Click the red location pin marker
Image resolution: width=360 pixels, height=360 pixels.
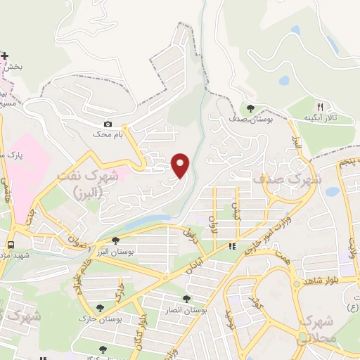coord(181,165)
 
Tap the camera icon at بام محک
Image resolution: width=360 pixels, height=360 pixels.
coord(108,124)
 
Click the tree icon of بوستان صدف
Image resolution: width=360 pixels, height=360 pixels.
coord(251,108)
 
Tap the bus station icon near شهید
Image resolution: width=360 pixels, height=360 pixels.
coord(11,245)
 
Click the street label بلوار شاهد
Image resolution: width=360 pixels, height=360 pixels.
coord(321,281)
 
